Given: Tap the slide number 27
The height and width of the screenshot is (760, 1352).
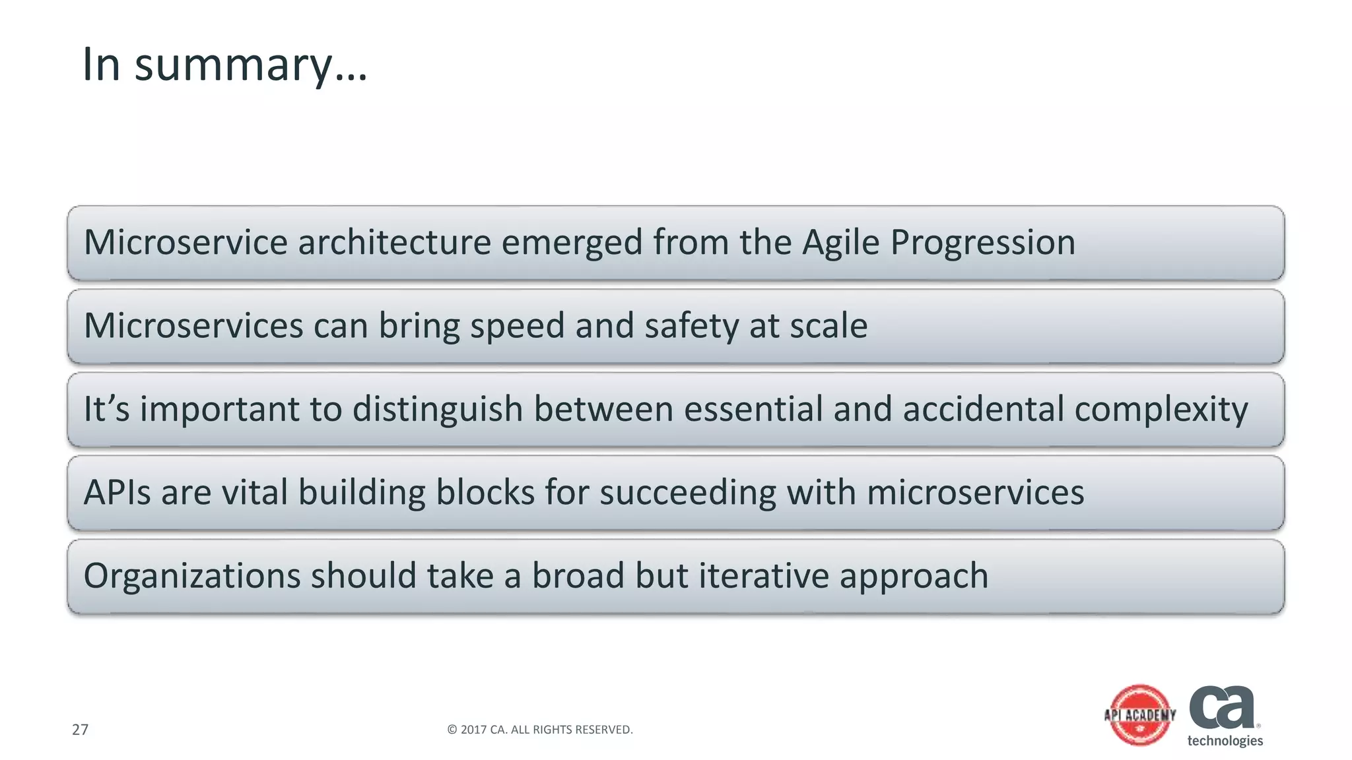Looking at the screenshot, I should click(80, 730).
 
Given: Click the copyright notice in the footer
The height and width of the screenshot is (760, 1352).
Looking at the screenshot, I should click(539, 730).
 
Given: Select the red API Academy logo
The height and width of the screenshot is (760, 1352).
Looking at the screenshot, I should click(1140, 715).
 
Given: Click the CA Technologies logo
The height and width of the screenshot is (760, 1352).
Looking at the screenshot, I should click(1225, 715).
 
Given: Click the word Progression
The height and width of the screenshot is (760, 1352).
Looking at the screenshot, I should click(982, 243).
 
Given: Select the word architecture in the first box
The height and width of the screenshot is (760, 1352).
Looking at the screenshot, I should click(394, 241).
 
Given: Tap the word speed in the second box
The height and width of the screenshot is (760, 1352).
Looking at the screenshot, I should click(517, 327).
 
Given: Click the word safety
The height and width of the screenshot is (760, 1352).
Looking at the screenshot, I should click(691, 327).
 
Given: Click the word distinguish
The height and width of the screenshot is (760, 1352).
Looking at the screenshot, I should click(438, 410).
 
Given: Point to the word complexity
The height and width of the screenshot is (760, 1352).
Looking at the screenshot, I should click(1161, 410).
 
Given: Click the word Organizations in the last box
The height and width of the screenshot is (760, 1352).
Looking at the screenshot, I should click(192, 576).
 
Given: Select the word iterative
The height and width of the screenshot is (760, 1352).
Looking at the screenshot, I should click(763, 575).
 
